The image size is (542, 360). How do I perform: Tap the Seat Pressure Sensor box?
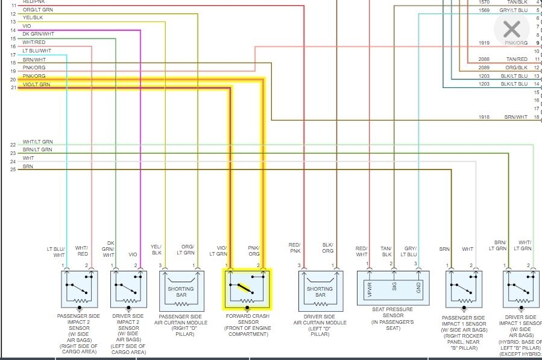[x=394, y=289]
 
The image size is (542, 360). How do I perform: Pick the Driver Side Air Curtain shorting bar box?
[x=320, y=291]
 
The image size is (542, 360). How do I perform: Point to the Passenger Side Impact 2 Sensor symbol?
[x=78, y=289]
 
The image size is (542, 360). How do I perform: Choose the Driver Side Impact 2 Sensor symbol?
[x=127, y=289]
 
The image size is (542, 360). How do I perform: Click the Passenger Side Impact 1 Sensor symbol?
[x=463, y=289]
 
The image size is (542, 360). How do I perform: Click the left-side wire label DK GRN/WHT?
[x=39, y=34]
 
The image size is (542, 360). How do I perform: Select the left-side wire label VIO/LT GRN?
[x=36, y=85]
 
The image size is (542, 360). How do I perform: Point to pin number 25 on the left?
[x=13, y=170]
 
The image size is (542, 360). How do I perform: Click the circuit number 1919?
[x=484, y=43]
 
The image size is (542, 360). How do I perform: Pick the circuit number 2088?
[x=484, y=59]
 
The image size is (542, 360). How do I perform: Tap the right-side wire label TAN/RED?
[x=517, y=59]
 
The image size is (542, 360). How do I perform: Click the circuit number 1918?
[x=484, y=117]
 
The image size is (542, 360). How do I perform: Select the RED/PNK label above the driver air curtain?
[x=294, y=248]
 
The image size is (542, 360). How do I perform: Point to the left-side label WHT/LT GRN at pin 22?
[x=38, y=142]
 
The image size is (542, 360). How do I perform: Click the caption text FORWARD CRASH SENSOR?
[x=247, y=317]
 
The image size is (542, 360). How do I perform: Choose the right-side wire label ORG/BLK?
[x=517, y=68]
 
